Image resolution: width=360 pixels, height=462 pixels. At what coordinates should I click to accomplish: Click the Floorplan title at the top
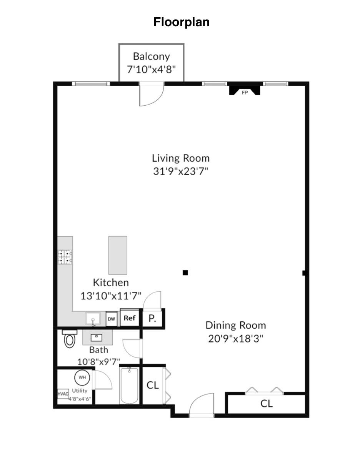[182, 22]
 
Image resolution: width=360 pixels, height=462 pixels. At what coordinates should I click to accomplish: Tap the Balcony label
[151, 56]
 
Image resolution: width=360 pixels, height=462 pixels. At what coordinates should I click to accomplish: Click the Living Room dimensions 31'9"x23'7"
[180, 171]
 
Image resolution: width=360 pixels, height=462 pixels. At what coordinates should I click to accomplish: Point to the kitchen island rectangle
[118, 255]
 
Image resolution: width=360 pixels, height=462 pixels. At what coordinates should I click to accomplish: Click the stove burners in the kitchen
[65, 257]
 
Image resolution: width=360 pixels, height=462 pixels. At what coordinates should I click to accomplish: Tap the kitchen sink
[93, 319]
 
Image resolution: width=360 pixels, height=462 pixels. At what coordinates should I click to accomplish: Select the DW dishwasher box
[111, 319]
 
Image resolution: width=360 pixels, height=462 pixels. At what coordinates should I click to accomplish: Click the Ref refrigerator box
[129, 318]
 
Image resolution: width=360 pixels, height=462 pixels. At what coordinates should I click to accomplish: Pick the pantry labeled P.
[152, 319]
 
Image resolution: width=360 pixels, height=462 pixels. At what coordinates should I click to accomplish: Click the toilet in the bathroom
[70, 339]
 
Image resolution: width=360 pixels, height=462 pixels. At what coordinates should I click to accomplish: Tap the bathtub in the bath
[129, 386]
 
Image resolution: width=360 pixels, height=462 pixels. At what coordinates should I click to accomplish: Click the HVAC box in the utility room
[63, 394]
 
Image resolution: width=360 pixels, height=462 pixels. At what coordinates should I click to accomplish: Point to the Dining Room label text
[235, 325]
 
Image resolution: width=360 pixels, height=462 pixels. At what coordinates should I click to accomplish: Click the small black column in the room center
[185, 273]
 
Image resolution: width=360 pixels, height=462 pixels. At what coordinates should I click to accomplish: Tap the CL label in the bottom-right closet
[267, 404]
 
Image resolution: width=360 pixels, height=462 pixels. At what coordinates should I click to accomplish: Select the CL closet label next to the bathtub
[153, 385]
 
